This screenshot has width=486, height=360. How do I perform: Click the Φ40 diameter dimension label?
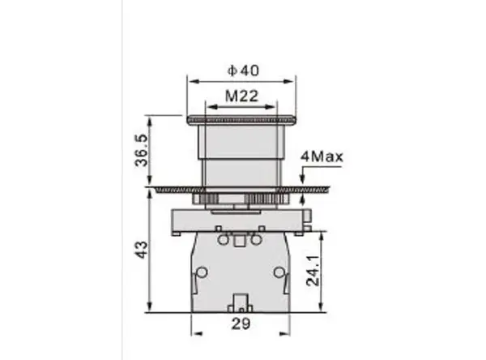coord(243,71)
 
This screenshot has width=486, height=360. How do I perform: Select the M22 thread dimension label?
coord(241,96)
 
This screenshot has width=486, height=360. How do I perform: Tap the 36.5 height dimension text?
coord(142,150)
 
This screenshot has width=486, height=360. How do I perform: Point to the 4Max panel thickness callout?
coord(322,156)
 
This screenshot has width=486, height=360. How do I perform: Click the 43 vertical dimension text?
coord(141,250)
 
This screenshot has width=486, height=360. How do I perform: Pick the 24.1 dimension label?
coord(313,271)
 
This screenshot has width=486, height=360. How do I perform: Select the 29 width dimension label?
coord(241,324)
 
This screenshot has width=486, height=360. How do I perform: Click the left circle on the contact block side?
coord(202,272)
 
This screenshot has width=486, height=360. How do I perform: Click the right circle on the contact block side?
coord(279,272)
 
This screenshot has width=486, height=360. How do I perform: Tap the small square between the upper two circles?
coord(238,241)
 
